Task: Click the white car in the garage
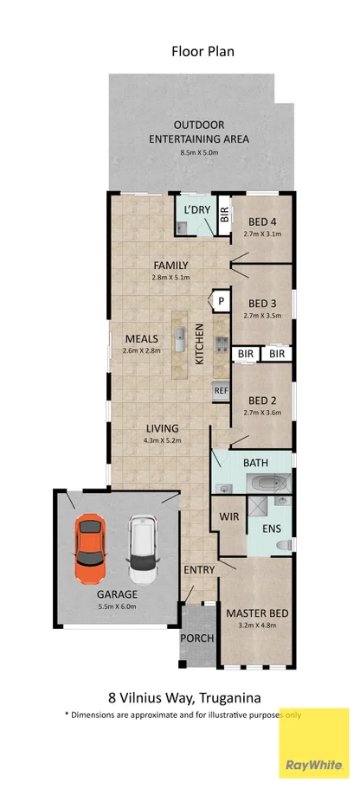pos(142,549)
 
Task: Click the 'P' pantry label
pos(222,300)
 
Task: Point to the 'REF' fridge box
pos(222,391)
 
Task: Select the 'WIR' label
pos(230,516)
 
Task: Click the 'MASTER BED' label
pos(256,613)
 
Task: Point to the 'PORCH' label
pos(195,638)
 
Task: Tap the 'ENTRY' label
pos(199,570)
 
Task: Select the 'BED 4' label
pos(263,221)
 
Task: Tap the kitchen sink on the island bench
pos(181,336)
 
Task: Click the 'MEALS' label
pos(141,337)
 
